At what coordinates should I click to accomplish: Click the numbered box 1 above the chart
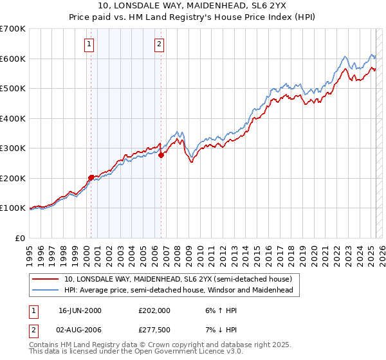[88, 44]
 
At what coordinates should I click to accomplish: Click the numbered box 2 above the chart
[158, 44]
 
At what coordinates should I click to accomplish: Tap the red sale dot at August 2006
[161, 155]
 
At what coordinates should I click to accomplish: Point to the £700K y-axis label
[13, 29]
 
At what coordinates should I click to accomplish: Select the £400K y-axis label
[13, 118]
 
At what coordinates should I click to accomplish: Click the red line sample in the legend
[45, 279]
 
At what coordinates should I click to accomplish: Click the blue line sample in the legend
[45, 291]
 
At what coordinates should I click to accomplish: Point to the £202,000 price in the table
[154, 310]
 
